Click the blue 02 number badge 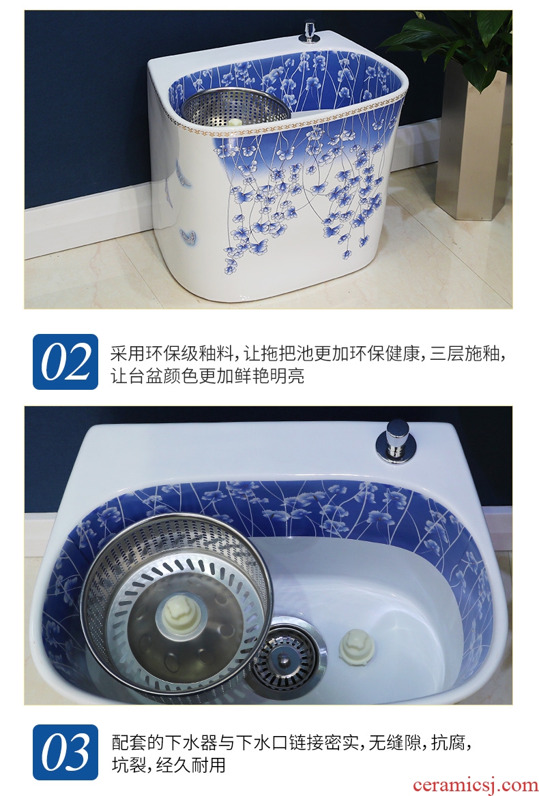coord(65,361)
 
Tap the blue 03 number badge coord(65,752)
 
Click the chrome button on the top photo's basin coord(309,31)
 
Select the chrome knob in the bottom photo coord(396,441)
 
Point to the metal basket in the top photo coord(236,108)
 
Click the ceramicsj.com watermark coord(474,785)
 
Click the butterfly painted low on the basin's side coord(188,236)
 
